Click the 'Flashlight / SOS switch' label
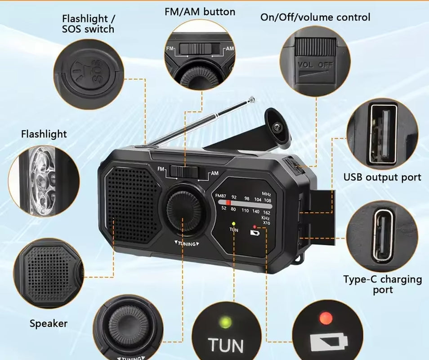click(89, 24)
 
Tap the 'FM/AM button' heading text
click(199, 12)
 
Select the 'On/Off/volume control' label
click(315, 18)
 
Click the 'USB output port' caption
click(382, 177)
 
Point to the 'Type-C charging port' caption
click(382, 284)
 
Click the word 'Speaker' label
click(49, 323)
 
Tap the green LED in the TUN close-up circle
click(225, 322)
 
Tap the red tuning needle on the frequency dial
click(228, 203)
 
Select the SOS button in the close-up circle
click(88, 72)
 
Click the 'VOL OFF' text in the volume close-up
click(315, 65)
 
